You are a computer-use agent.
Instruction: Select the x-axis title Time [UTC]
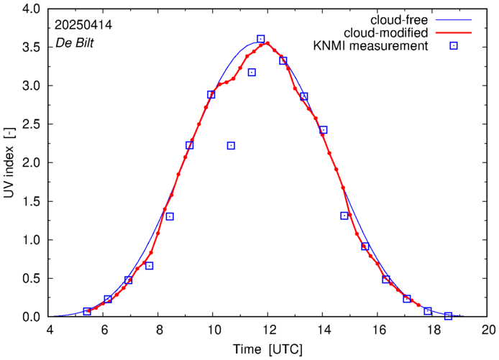[267, 349]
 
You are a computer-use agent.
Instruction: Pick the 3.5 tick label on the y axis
[32, 47]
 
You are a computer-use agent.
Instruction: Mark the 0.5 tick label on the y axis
[32, 279]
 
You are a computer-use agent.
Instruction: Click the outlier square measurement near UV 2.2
[231, 146]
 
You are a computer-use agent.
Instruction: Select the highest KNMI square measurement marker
[260, 39]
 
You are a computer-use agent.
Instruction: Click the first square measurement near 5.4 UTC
[87, 311]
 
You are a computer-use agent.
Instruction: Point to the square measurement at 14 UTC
[324, 130]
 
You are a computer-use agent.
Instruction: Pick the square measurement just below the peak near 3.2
[252, 72]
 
